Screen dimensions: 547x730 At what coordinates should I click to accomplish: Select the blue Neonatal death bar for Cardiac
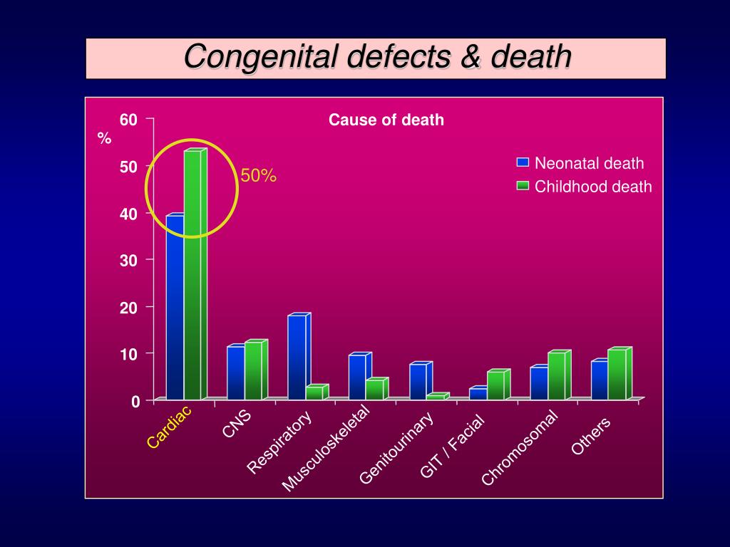pos(175,306)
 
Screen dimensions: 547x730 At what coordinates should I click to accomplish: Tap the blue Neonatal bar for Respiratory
pos(297,356)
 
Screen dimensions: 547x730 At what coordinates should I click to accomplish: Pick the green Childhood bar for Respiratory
pos(314,392)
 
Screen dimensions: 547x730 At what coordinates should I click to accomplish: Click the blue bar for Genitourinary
pos(418,381)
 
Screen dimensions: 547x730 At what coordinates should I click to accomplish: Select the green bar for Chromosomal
pos(557,375)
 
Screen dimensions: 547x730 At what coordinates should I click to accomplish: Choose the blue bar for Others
pos(600,380)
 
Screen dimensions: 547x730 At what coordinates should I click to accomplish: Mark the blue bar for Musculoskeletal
pos(357,377)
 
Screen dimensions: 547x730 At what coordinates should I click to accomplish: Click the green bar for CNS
pos(254,370)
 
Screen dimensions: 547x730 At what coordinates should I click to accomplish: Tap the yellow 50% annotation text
pos(258,176)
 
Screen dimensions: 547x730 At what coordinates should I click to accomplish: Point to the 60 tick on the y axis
pos(128,120)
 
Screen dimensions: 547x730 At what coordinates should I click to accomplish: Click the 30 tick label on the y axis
pos(128,260)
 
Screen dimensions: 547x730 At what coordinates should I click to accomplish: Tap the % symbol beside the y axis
pos(105,139)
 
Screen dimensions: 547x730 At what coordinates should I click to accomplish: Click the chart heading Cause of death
pos(386,120)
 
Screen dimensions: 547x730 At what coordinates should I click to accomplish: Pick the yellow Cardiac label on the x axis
pos(170,427)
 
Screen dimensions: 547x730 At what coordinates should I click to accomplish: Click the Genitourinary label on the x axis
pos(397,448)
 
